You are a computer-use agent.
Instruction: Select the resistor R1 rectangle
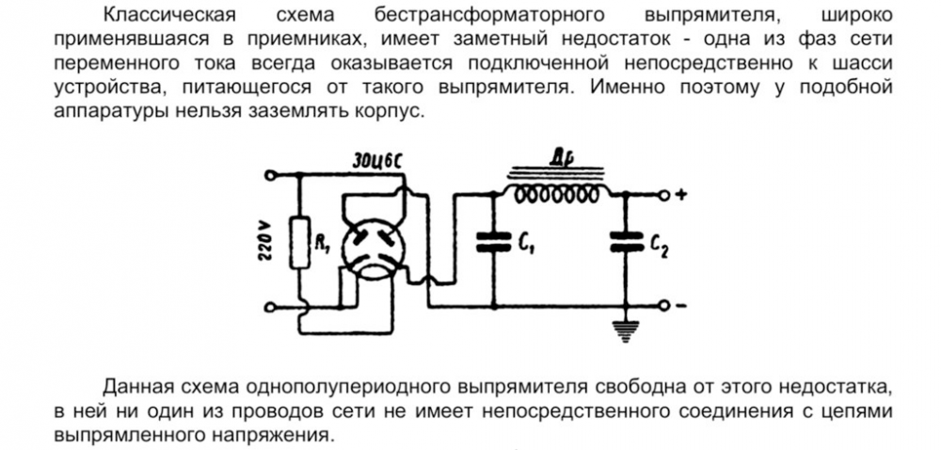click(x=300, y=243)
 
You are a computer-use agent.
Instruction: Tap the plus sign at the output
click(x=683, y=195)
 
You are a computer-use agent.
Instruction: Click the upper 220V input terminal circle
click(x=271, y=175)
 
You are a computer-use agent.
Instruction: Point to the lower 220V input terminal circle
click(x=271, y=307)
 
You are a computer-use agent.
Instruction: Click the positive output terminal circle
click(x=664, y=195)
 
